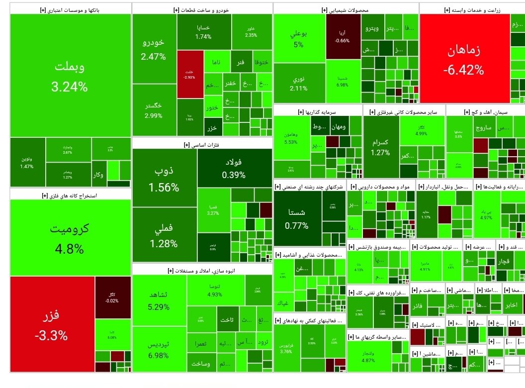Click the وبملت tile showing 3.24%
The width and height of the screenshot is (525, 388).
point(70,76)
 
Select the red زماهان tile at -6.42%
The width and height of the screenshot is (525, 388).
point(464,59)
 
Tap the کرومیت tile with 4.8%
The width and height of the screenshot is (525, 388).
point(70,237)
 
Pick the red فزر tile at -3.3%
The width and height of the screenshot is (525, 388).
point(51,324)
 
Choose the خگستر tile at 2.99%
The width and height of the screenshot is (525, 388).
point(153,110)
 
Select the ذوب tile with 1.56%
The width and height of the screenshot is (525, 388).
point(164,178)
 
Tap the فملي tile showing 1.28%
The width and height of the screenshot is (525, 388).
point(164,235)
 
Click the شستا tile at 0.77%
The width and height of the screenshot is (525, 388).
point(297,218)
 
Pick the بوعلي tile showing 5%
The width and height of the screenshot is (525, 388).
point(298,39)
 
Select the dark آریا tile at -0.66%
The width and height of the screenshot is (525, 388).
point(343,36)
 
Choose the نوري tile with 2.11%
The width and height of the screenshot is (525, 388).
point(298,84)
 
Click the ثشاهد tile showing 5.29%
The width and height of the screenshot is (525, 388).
point(159,300)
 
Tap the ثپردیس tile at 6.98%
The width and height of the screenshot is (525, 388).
point(159,349)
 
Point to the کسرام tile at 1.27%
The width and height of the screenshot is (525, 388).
point(381,147)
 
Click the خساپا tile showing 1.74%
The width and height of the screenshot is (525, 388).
point(203,32)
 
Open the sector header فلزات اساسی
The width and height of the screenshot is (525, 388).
point(201,145)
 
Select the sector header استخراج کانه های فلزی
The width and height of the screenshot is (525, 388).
point(70,195)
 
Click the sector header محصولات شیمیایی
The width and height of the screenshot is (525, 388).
point(345,10)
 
